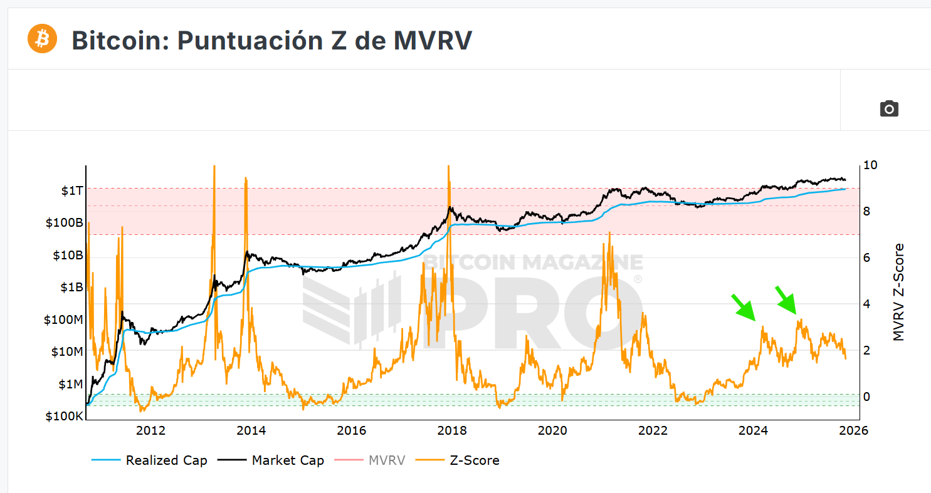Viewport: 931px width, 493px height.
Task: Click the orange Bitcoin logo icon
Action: [x=42, y=39]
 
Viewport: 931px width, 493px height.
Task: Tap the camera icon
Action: [x=889, y=108]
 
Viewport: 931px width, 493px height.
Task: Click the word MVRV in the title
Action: [x=433, y=40]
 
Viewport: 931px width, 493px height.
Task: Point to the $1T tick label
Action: [x=71, y=190]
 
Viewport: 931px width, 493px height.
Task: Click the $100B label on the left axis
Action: [x=65, y=222]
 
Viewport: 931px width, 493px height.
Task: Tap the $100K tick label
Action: [x=65, y=417]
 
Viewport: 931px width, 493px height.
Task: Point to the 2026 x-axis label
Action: [x=853, y=430]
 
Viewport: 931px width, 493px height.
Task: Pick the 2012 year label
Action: [x=150, y=430]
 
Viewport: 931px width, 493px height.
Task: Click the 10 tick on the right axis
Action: [x=870, y=165]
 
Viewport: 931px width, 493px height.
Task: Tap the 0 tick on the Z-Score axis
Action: [x=866, y=397]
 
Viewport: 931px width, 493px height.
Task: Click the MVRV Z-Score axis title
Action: [x=899, y=292]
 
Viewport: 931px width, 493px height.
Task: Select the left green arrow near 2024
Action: [x=745, y=307]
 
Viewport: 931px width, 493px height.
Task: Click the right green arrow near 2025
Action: [x=786, y=299]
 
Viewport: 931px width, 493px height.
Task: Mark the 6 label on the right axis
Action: [x=866, y=257]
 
